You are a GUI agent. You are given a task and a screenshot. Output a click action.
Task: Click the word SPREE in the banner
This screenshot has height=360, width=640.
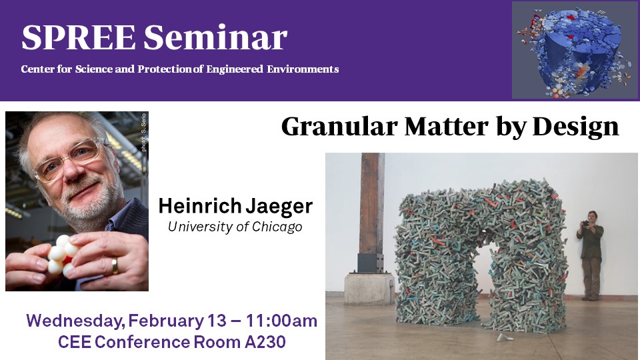(x=79, y=37)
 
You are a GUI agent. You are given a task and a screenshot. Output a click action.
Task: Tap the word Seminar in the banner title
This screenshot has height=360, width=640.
(x=215, y=37)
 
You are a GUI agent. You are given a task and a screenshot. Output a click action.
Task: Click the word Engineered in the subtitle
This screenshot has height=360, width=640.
(x=235, y=69)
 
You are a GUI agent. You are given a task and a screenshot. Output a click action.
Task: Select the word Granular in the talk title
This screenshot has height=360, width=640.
(x=339, y=127)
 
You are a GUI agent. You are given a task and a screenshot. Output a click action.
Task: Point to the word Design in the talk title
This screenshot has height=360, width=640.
(x=575, y=127)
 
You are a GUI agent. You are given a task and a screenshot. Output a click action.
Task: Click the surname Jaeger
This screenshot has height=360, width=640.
(x=279, y=207)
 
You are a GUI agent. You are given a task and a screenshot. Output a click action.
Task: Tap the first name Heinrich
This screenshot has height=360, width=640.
(x=200, y=206)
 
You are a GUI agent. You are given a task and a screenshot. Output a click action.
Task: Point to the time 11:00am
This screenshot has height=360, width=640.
(x=281, y=321)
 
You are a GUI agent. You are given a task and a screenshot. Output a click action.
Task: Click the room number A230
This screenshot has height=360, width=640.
(x=265, y=342)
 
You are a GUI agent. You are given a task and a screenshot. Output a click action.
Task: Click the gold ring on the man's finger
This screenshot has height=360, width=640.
(x=115, y=265)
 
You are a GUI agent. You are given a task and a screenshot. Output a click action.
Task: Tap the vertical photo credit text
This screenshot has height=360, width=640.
(x=144, y=132)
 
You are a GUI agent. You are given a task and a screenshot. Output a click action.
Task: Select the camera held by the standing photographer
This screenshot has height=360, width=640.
(x=586, y=223)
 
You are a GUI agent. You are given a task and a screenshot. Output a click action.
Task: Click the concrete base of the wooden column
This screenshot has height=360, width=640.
(x=369, y=289)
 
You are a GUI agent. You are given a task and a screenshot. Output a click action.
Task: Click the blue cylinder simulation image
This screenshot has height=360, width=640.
(x=575, y=50)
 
